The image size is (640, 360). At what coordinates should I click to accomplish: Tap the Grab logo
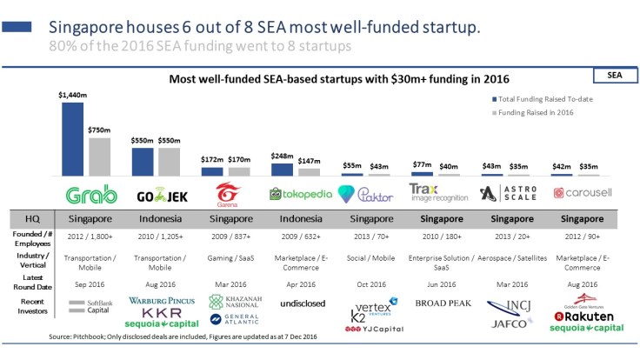(x=84, y=194)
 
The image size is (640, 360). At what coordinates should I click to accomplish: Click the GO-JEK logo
(x=157, y=196)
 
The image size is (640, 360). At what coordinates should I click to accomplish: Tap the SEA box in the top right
(x=613, y=76)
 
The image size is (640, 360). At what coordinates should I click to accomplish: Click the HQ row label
(x=29, y=218)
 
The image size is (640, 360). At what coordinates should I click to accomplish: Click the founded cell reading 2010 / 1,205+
(x=157, y=237)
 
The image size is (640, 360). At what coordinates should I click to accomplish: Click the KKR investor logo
(x=157, y=313)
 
